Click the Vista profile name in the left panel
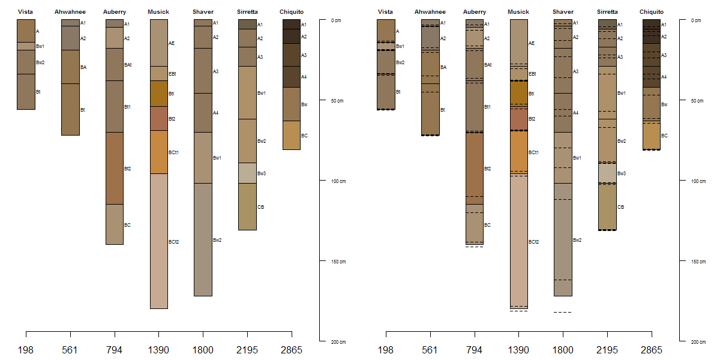pyautogui.click(x=26, y=12)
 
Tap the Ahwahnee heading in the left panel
pyautogui.click(x=70, y=12)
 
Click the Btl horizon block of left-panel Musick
pyautogui.click(x=158, y=94)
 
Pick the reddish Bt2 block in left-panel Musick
pyautogui.click(x=158, y=118)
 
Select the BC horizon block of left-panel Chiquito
pyautogui.click(x=291, y=135)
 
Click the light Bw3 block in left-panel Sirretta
pyautogui.click(x=247, y=173)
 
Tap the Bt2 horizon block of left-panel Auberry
pyautogui.click(x=114, y=168)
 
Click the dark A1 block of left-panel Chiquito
pyautogui.click(x=291, y=24)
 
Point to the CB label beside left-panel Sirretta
pyautogui.click(x=260, y=207)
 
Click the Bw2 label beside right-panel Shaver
pyautogui.click(x=577, y=240)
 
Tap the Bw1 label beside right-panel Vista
pyautogui.click(x=400, y=46)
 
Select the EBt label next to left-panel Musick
pyautogui.click(x=172, y=74)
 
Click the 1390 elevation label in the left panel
pyautogui.click(x=158, y=350)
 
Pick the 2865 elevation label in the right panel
pyautogui.click(x=652, y=350)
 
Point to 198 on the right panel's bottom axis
pyautogui.click(x=386, y=350)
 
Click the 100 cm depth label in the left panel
pyautogui.click(x=338, y=181)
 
